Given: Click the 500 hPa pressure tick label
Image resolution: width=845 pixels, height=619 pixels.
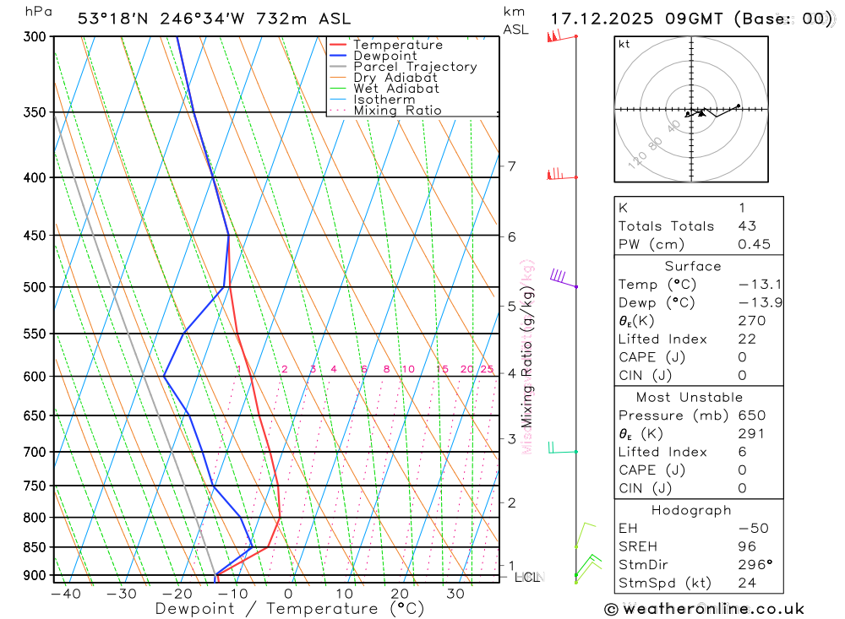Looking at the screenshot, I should point(35,287).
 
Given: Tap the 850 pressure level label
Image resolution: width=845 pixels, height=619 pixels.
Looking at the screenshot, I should point(35,547).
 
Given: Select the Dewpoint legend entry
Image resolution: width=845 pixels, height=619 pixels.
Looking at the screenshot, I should point(385,56).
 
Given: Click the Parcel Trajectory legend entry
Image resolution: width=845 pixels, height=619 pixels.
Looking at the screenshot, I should point(415,67).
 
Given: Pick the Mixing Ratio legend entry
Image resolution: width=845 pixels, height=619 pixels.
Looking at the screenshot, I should point(397,111).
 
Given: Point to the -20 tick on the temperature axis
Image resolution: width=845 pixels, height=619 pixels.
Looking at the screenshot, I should point(177,594).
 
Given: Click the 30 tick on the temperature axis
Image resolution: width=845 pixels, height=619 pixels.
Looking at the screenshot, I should point(455,594).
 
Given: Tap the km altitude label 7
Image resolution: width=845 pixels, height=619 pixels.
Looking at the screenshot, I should point(511,166).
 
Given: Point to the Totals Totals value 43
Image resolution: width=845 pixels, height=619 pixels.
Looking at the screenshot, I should point(747,225).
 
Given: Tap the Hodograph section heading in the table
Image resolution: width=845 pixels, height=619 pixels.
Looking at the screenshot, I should point(692,510).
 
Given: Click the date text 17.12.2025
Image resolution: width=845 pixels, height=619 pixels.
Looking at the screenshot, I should point(597,19).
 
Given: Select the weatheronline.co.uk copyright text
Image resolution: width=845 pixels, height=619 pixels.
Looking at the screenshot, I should point(705,609).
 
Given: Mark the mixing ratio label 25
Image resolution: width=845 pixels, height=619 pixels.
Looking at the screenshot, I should point(487,369).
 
